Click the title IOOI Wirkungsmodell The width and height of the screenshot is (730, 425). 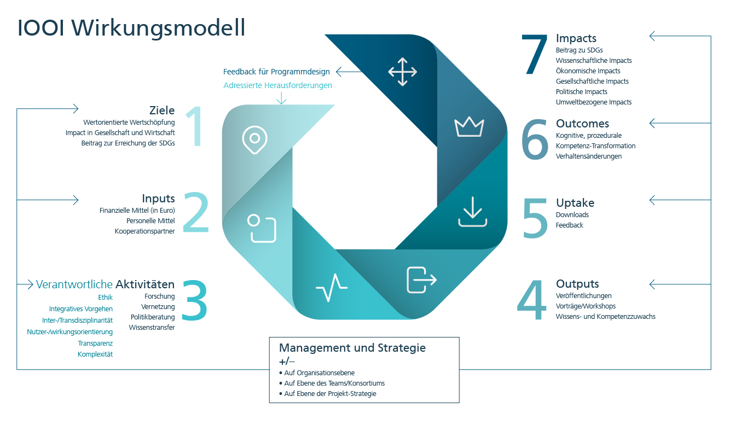(x=131, y=28)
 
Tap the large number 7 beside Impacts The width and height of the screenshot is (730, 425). (x=535, y=54)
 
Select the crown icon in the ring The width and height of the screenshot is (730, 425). (x=469, y=127)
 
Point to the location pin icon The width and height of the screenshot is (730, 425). (x=255, y=139)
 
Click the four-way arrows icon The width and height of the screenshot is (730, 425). (x=402, y=72)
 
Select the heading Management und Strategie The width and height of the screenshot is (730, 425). (x=352, y=348)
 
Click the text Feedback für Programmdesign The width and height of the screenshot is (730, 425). (x=276, y=72)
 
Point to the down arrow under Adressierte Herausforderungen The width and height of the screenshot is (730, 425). (x=281, y=98)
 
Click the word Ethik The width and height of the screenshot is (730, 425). (x=105, y=298)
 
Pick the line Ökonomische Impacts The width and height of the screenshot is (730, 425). (x=588, y=71)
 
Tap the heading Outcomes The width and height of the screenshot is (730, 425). (x=582, y=124)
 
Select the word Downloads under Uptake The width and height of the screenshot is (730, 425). (x=572, y=214)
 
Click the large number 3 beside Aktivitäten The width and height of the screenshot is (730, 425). (x=195, y=300)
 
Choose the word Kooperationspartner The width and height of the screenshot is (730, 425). (x=144, y=231)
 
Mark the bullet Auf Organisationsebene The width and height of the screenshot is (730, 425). (x=317, y=373)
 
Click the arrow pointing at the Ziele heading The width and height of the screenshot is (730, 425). (x=48, y=109)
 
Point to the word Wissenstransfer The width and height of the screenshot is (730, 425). (x=152, y=327)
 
